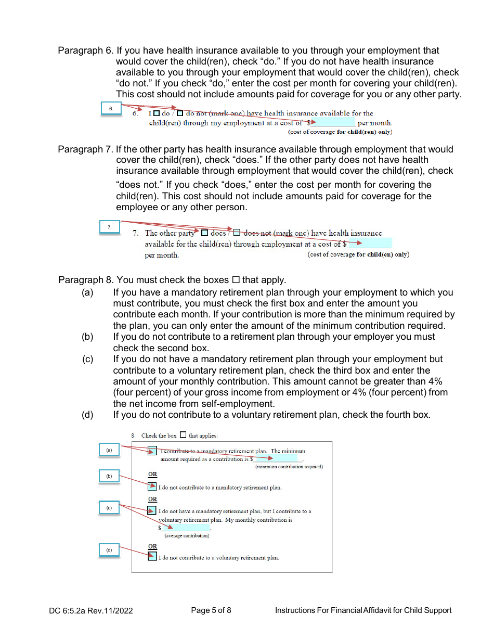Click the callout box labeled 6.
point(111,109)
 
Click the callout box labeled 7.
point(110,227)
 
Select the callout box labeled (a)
point(109,450)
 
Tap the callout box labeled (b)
point(109,476)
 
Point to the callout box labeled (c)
point(109,508)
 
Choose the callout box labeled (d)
point(109,550)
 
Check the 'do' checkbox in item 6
point(156,113)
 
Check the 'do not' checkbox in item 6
point(180,113)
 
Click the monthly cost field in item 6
point(333,123)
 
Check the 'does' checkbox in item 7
point(204,233)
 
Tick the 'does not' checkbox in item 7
point(236,233)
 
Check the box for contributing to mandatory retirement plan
point(152,451)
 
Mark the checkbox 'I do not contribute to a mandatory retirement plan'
point(152,487)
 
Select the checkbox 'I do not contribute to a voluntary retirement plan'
point(152,557)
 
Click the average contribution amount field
point(186,528)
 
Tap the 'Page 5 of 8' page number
point(211,610)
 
